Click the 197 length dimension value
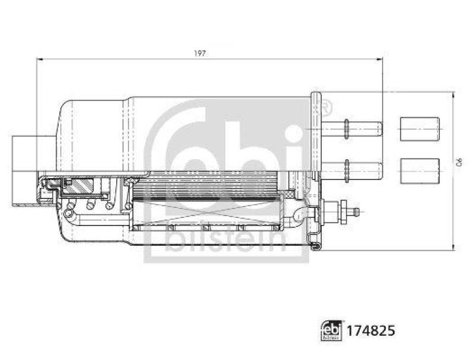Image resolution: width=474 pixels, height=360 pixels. coord(200,53)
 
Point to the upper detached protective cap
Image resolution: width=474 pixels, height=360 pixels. coord(419,129)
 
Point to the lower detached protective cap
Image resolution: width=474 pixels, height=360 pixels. coord(419,171)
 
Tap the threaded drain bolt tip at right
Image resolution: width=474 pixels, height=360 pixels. coord(355,211)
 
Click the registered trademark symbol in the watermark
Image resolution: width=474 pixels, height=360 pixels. coord(325,108)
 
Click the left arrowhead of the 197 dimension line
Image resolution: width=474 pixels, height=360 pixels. coord(40,59)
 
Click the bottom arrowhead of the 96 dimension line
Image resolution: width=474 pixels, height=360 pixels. coord(453,247)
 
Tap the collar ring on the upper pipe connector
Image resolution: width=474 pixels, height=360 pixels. coord(346,128)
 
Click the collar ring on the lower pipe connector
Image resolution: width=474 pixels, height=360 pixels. coord(346,170)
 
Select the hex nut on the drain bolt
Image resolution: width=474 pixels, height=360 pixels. coord(342,211)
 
